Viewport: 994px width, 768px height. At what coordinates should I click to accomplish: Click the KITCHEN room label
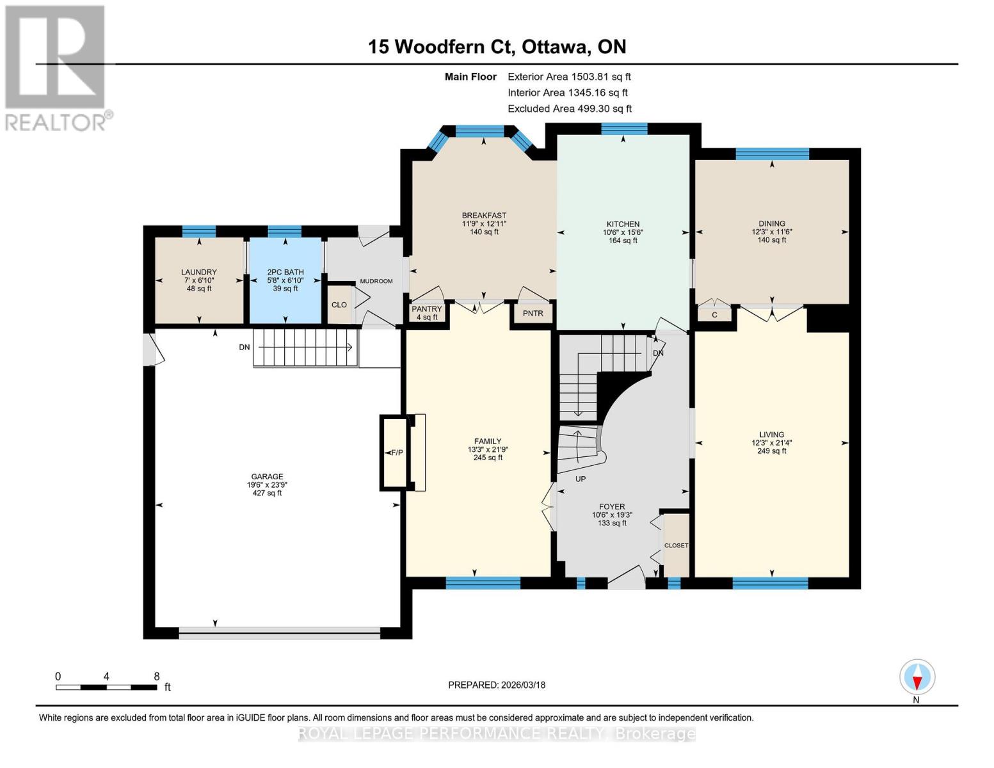click(623, 224)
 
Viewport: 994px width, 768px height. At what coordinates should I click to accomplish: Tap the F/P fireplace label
click(396, 452)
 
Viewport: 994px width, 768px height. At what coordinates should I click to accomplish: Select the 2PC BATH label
click(285, 272)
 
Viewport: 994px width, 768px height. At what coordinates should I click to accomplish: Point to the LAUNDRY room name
click(199, 272)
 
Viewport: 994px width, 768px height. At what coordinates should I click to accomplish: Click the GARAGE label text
click(267, 476)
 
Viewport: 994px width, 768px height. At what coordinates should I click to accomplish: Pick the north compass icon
click(917, 677)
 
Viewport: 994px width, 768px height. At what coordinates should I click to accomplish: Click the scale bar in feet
click(106, 687)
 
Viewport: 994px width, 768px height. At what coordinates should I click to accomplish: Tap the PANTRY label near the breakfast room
click(426, 309)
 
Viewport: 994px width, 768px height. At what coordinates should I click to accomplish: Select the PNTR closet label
click(533, 313)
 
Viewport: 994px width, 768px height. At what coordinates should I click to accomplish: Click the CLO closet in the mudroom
click(339, 305)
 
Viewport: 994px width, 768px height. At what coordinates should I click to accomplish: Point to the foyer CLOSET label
click(676, 545)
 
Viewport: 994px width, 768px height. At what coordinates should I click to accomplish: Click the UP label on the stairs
click(581, 479)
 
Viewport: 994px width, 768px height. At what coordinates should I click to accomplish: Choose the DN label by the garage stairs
click(244, 347)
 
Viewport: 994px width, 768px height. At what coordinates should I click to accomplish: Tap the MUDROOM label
click(376, 281)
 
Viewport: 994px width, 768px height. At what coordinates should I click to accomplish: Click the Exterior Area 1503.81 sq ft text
click(569, 76)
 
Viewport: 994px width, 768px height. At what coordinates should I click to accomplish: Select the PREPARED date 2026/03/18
click(497, 685)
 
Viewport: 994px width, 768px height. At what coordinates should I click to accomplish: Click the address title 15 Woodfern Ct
click(497, 46)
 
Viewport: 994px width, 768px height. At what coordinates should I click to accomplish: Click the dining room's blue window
click(772, 154)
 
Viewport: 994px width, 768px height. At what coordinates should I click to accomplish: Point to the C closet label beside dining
click(714, 315)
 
